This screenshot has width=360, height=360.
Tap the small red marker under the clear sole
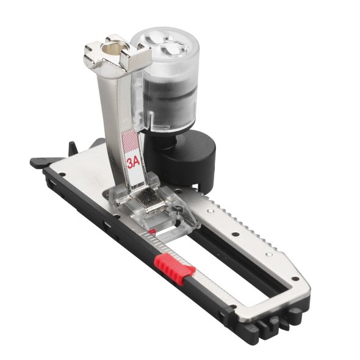(x=152, y=231)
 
